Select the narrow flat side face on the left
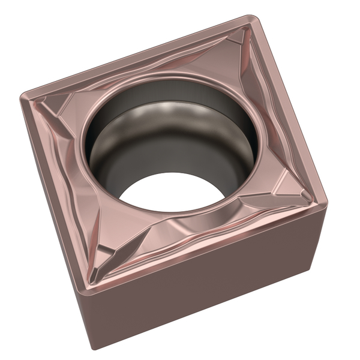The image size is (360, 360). coord(57,222)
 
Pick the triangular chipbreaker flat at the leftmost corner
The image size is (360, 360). coord(57,108)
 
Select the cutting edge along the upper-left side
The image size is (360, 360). coord(138,57)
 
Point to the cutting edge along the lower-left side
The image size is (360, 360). coord(57,192)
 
